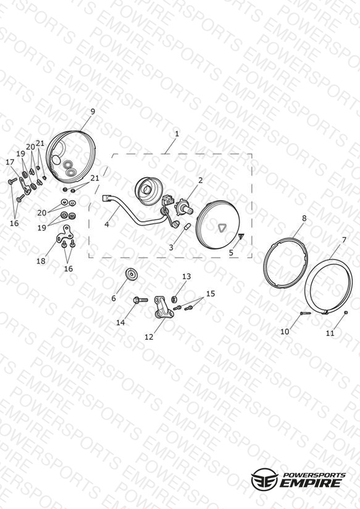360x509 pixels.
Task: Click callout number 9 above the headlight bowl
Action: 93,111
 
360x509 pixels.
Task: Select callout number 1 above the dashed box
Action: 177,133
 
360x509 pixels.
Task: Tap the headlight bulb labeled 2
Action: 184,207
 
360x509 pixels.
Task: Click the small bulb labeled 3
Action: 186,227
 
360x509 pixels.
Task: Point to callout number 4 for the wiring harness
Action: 107,224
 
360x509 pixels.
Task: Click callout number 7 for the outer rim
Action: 344,240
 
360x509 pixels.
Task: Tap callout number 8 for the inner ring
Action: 304,218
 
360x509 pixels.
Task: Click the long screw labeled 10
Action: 305,313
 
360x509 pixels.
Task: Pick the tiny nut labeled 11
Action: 346,313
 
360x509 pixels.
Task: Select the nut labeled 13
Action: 174,298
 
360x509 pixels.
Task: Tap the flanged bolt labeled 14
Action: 140,300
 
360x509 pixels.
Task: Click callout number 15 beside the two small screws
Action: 211,293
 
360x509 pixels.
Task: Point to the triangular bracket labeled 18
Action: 66,234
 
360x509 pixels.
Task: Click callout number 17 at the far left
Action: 10,162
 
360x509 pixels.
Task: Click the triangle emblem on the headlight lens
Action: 222,228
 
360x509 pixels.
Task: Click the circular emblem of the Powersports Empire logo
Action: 264,479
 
